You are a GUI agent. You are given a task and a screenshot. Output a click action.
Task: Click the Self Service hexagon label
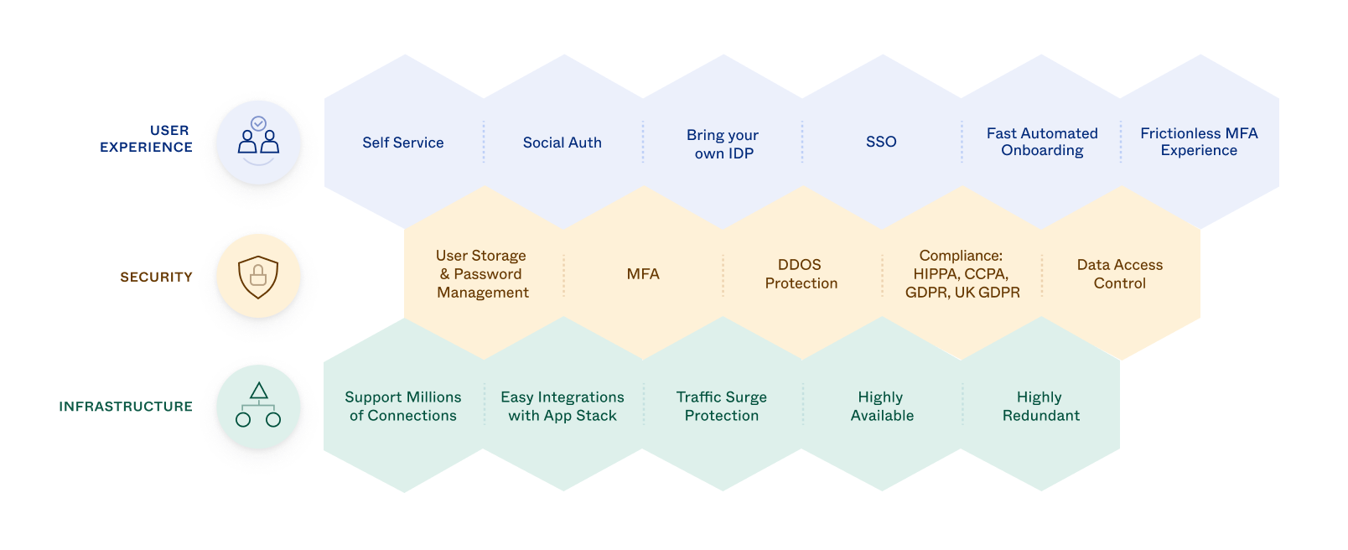click(403, 143)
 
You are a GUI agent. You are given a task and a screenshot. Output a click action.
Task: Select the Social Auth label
click(563, 143)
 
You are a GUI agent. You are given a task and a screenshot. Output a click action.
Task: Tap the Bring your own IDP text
click(723, 144)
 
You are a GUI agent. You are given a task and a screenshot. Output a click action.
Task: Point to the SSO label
click(881, 142)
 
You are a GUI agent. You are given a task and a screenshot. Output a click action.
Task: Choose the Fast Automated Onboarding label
click(1042, 142)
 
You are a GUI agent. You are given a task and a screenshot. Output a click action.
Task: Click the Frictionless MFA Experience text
click(1199, 142)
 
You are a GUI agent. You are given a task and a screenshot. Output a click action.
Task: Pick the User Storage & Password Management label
click(483, 274)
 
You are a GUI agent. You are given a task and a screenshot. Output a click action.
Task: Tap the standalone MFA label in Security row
click(643, 274)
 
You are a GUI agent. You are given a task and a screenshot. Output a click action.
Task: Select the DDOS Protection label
click(801, 274)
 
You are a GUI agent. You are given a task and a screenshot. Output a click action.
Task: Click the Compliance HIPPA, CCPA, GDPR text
click(962, 274)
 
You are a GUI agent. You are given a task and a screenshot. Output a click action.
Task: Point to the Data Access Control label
click(1119, 274)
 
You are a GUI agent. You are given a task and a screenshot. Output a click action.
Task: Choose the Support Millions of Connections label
click(403, 407)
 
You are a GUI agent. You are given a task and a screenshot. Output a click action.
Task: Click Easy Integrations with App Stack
click(563, 407)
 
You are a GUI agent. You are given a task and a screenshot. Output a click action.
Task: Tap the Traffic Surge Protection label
click(722, 407)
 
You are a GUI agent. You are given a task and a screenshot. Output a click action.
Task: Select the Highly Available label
click(881, 407)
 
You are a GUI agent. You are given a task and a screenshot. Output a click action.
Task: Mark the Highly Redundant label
click(1040, 407)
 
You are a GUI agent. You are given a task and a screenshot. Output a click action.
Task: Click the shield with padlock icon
click(258, 276)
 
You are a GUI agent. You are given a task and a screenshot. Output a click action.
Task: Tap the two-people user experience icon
click(258, 142)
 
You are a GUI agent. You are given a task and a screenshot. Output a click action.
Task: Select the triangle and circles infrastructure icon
click(258, 406)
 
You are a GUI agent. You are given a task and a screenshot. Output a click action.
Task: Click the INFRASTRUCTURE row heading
click(126, 407)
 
